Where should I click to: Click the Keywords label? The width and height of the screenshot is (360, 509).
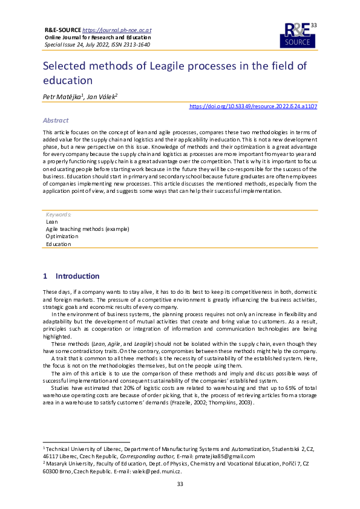tap(59, 215)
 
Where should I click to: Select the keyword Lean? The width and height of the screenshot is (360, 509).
tap(52, 222)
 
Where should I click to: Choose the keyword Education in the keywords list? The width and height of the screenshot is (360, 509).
tap(58, 244)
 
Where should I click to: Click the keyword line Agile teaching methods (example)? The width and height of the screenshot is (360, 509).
tap(87, 229)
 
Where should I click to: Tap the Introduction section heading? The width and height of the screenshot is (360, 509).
tap(77, 276)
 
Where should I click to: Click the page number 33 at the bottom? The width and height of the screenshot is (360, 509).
tap(180, 501)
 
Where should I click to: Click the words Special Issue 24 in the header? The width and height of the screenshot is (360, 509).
tap(62, 45)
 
